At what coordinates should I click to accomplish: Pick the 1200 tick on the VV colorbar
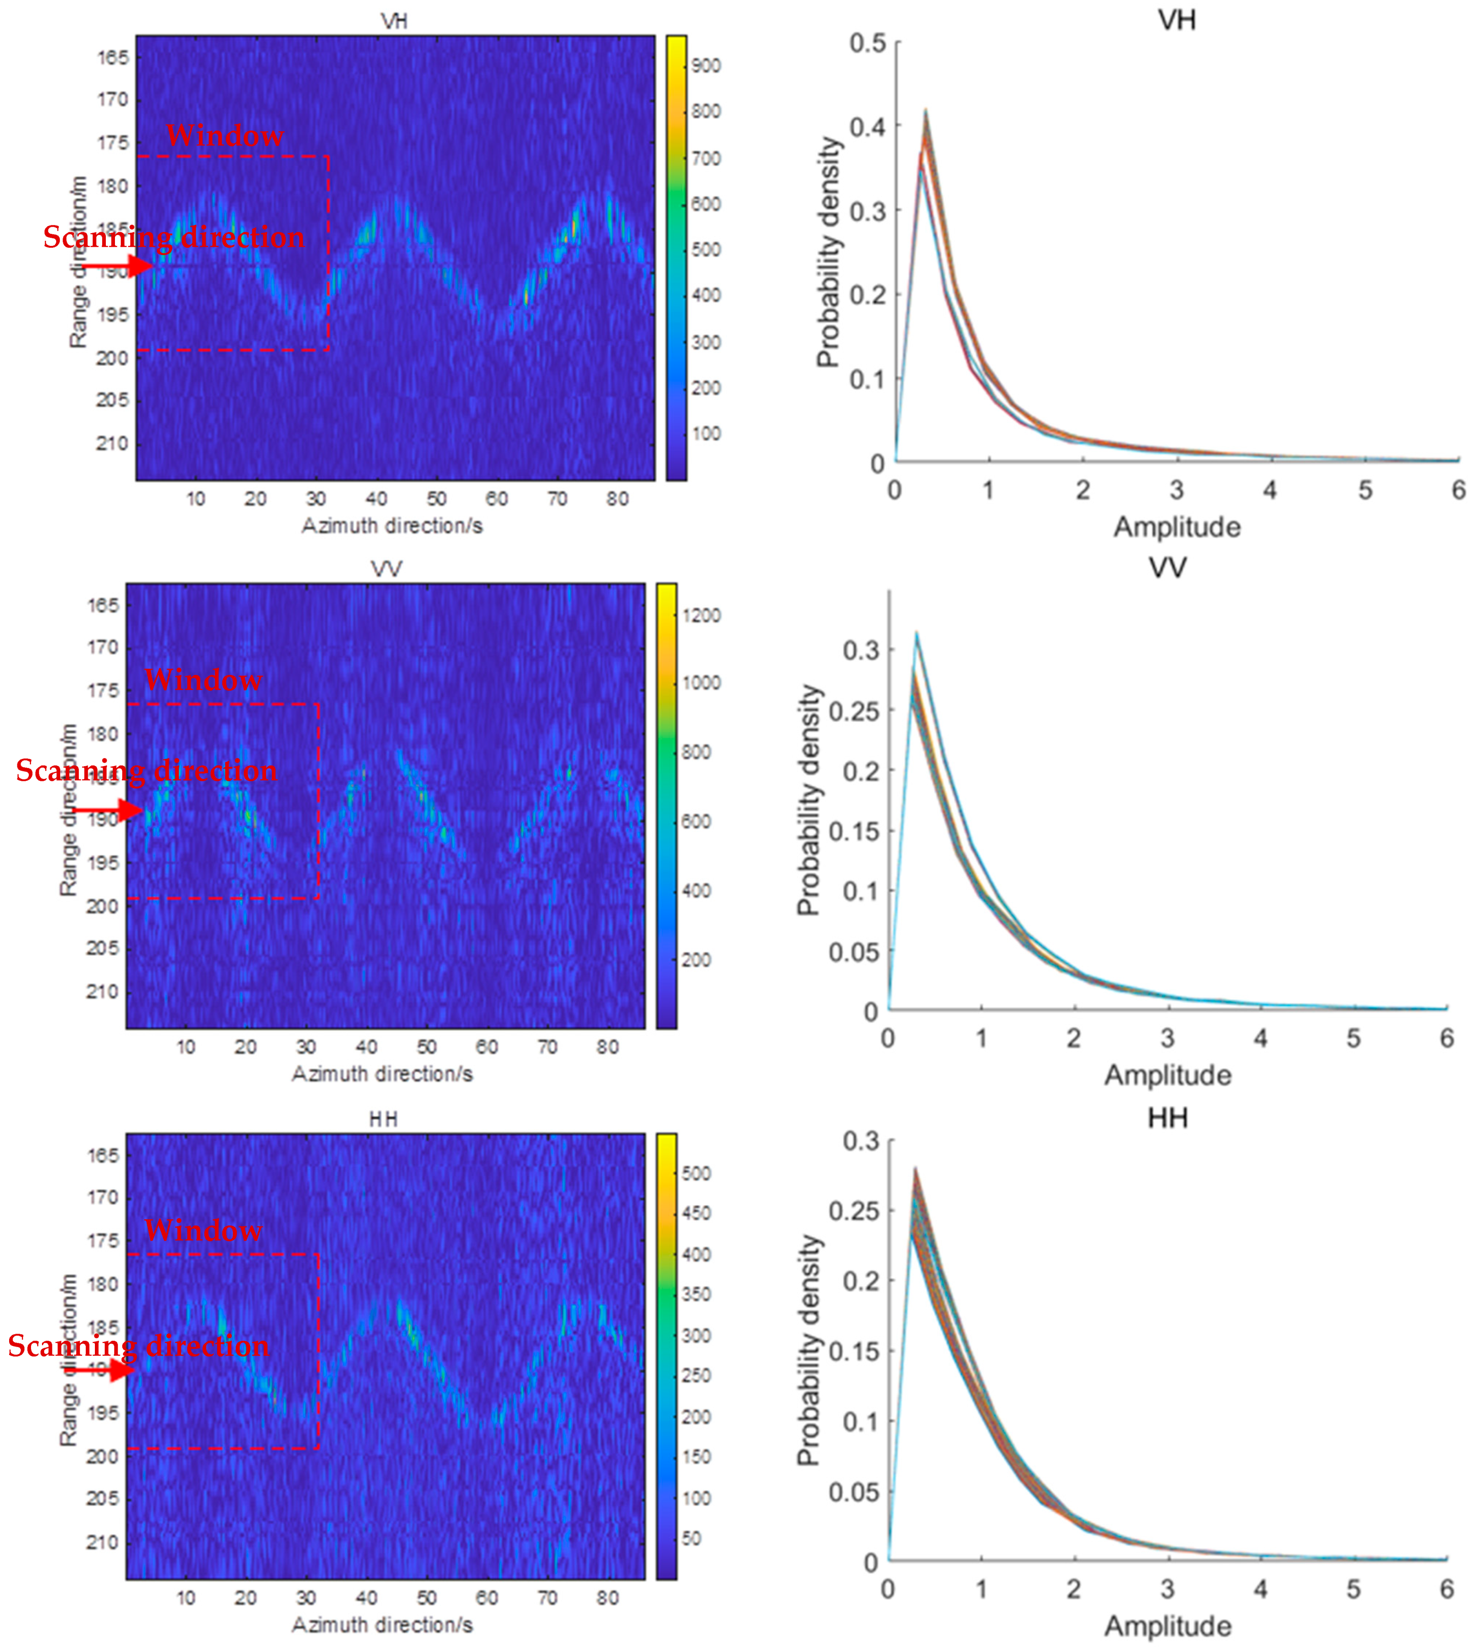click(x=701, y=615)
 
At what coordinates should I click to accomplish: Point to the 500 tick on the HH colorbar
click(x=696, y=1173)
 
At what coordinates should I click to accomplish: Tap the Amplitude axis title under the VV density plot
click(x=1167, y=1075)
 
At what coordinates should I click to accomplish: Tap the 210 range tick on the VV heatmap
click(x=102, y=991)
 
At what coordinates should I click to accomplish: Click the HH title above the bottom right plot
click(x=1167, y=1119)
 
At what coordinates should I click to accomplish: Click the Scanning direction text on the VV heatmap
click(x=146, y=770)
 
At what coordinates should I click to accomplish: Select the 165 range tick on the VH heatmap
click(x=113, y=57)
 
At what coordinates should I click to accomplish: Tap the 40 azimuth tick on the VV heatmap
click(x=366, y=1047)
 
